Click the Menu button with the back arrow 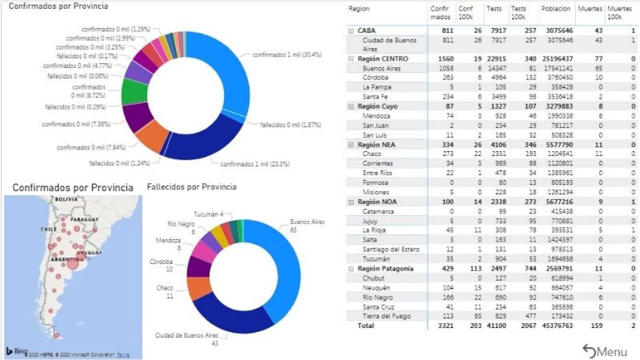tap(605, 351)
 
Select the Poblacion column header tap(556, 9)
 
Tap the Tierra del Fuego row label tap(386, 316)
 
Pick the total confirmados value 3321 tap(445, 326)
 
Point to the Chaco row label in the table tap(372, 154)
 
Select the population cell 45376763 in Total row tap(557, 326)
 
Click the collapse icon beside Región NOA tap(351, 202)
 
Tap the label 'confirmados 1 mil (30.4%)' tap(287, 54)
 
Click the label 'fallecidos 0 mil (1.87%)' tap(290, 125)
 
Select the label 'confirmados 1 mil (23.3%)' tap(255, 164)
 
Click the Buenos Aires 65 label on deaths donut tap(307, 226)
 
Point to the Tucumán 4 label tap(208, 214)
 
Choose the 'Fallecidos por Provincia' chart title tap(192, 187)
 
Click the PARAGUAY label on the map tap(84, 220)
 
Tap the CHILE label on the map tap(48, 229)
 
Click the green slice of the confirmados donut tap(134, 91)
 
